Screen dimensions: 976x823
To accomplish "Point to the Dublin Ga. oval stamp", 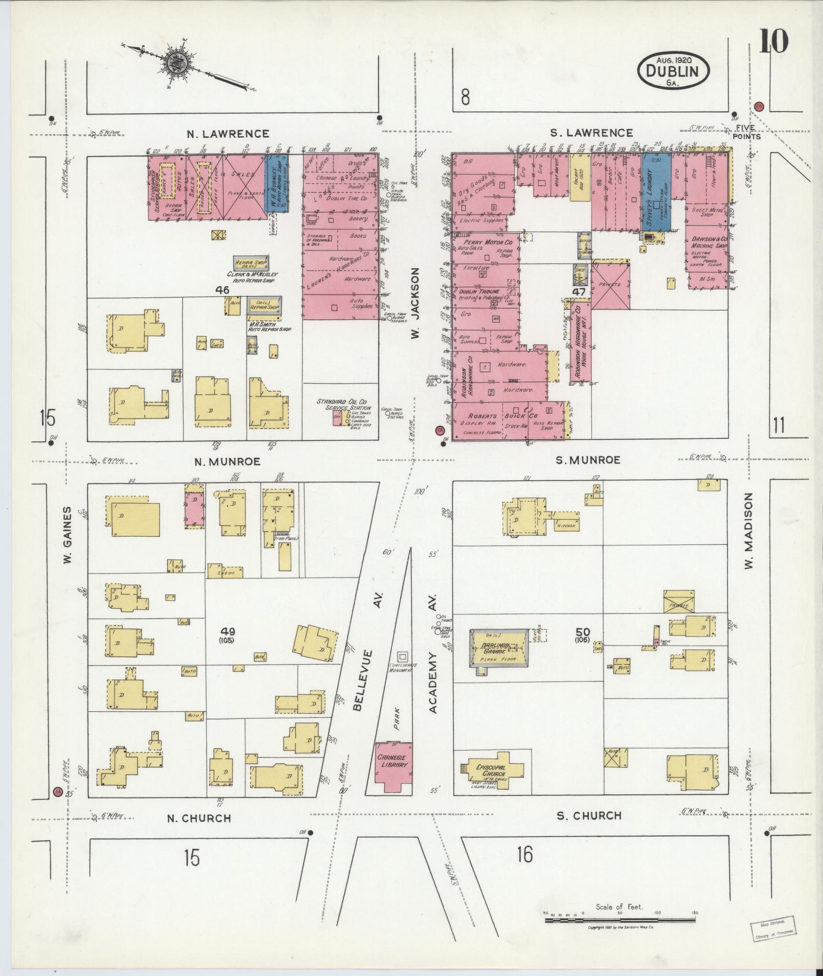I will point(672,72).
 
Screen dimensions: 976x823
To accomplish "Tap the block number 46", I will point(222,290).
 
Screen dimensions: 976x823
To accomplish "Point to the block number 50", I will point(582,632).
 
